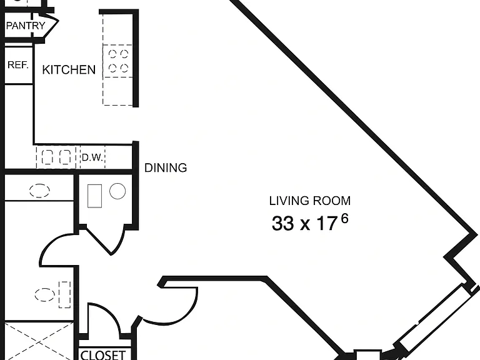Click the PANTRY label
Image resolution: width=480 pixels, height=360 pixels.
coord(26,26)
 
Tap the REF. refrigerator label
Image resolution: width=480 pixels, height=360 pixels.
coord(18,64)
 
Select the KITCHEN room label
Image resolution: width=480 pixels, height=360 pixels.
coord(69,70)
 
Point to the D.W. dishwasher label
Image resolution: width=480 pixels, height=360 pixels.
coord(92,157)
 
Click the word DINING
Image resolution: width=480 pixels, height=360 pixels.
coord(166,167)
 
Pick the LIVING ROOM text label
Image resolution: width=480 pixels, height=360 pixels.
coord(310,201)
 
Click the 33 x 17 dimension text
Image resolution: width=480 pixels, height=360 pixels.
coord(304,223)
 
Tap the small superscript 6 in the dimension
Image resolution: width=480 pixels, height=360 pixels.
coord(345,219)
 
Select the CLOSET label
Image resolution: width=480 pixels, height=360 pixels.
coord(102,355)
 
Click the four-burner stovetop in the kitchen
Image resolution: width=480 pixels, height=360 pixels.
coord(118,61)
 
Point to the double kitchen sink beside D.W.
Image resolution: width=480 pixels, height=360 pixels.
coord(56,157)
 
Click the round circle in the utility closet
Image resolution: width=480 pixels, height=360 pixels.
coord(117,191)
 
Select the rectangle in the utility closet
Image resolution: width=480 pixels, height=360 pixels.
coord(94,196)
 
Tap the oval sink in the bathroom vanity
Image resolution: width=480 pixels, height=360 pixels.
coord(39,191)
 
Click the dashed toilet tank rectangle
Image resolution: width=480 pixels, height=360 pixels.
coord(64,294)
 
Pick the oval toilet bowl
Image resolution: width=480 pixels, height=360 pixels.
coord(45,295)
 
